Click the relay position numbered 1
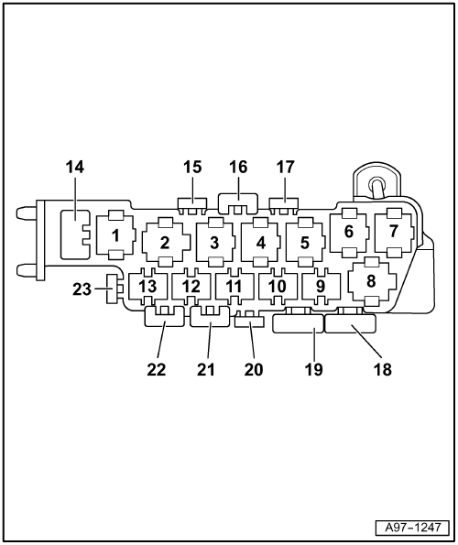116,235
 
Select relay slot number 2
166,242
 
